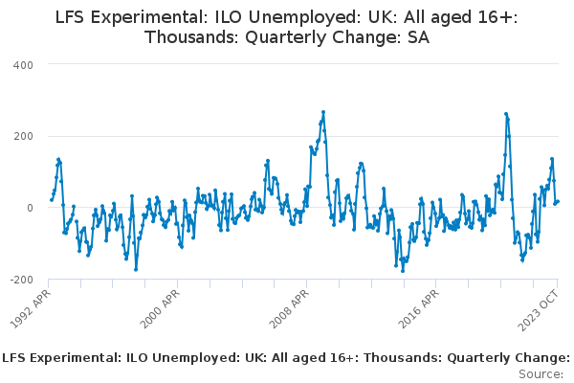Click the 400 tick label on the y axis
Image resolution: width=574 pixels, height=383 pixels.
(23, 64)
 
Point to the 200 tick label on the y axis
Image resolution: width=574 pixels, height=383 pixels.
(23, 136)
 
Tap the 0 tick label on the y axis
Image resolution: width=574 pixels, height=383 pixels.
(30, 208)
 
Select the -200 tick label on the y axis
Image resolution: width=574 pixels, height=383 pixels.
(20, 280)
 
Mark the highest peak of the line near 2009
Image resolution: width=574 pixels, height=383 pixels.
(323, 112)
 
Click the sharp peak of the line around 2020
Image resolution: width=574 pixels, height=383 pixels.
(506, 114)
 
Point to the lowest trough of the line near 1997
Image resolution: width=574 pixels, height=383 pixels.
(136, 269)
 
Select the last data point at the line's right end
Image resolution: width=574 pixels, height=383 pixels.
(558, 201)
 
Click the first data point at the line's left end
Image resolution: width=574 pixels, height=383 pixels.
(51, 199)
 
